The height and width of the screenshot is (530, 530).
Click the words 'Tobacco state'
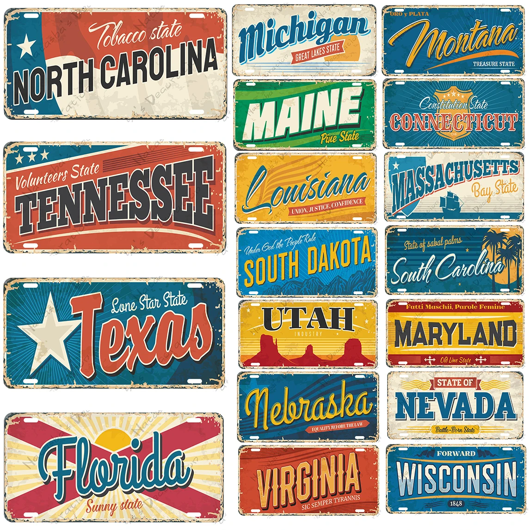tap(139, 33)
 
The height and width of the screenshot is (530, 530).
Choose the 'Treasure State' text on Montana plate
tap(493, 64)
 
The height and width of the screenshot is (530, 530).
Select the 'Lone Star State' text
tap(149, 303)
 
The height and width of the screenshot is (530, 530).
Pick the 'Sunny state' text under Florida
tap(114, 505)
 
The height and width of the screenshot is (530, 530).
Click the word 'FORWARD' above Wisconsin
tap(456, 454)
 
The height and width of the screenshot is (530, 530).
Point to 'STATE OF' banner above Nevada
tap(455, 382)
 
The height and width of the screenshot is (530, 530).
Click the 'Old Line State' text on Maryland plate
tap(456, 360)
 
